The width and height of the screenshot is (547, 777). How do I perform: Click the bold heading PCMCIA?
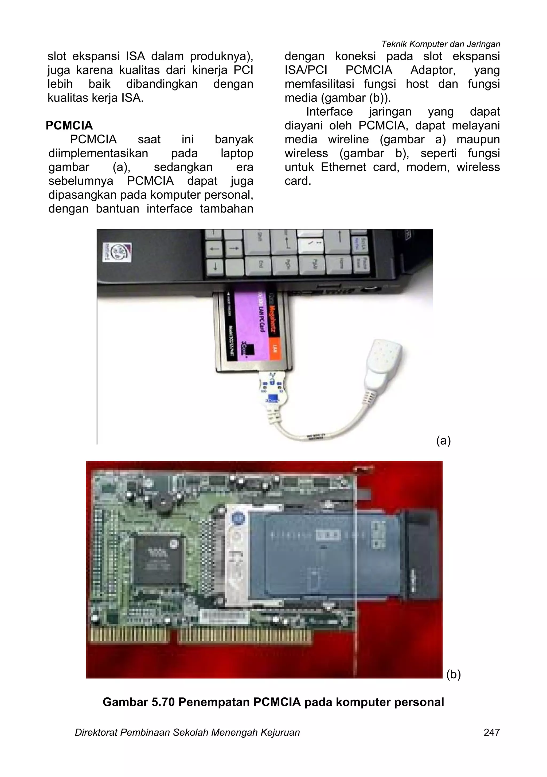pyautogui.click(x=69, y=125)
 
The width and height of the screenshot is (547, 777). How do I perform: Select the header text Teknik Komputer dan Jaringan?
pyautogui.click(x=440, y=44)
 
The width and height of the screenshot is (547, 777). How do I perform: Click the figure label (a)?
pyautogui.click(x=443, y=440)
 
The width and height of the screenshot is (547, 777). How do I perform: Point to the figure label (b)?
pyautogui.click(x=454, y=674)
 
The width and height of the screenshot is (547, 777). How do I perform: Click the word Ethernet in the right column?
pyautogui.click(x=343, y=167)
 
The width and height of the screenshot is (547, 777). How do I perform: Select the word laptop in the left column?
pyautogui.click(x=237, y=153)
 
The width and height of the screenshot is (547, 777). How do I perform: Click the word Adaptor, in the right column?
pyautogui.click(x=433, y=70)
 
